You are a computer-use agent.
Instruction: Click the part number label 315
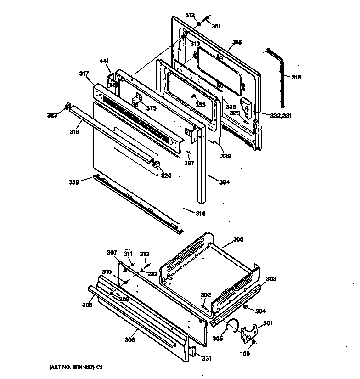236,43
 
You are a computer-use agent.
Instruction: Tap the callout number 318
296,77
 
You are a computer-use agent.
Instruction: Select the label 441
104,61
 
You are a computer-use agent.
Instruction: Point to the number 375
151,108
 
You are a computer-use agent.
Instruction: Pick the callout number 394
224,182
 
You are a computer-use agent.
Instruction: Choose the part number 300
238,239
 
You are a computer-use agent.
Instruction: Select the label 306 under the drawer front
129,340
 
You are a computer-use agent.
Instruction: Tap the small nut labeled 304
246,306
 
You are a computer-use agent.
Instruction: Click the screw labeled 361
208,18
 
